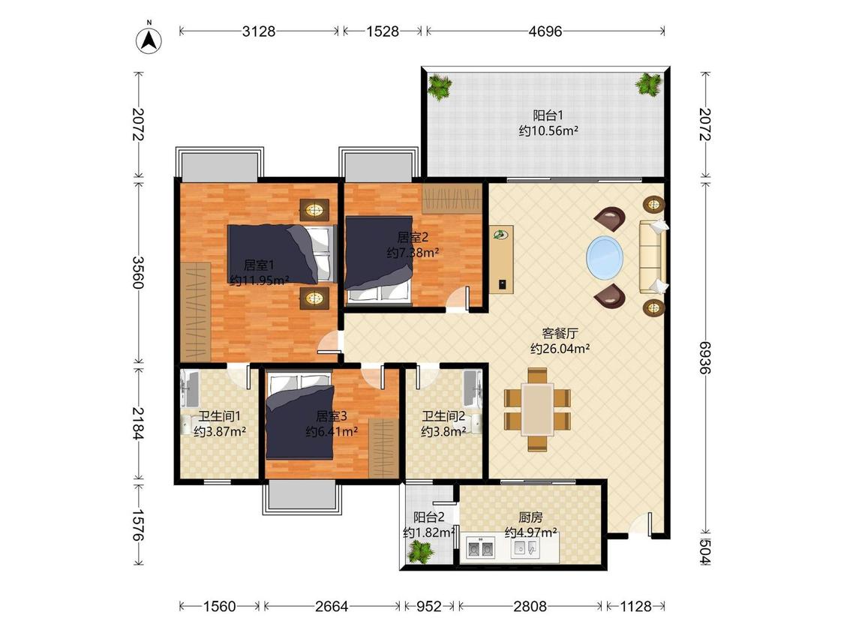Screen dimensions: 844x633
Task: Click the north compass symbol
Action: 149,39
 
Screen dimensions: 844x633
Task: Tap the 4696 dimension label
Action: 545,31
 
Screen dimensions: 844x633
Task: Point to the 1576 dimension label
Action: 138,525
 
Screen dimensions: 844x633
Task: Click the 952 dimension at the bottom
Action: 429,607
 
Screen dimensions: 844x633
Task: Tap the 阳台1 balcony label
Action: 548,115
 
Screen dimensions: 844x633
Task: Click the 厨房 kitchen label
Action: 530,517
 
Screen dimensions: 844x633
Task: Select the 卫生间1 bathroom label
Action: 220,416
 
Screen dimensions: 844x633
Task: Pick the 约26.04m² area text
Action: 560,349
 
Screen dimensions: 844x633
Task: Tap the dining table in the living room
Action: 537,409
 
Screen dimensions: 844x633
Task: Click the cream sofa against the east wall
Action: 653,256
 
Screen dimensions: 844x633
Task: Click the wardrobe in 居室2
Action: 452,198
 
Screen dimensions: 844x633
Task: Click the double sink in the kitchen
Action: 479,549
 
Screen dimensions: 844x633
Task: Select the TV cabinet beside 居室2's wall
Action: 502,259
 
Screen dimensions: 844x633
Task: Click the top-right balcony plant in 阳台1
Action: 649,85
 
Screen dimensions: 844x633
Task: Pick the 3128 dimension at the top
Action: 258,31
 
